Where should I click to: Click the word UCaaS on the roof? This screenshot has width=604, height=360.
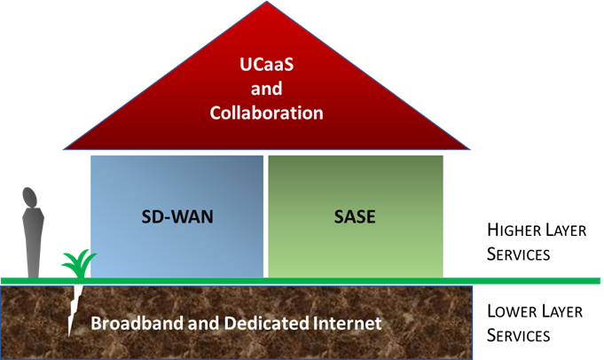(267, 65)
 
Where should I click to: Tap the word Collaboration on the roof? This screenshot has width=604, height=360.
(267, 113)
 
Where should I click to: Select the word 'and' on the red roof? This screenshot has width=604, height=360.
(266, 89)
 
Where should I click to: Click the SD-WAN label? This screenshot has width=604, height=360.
(176, 216)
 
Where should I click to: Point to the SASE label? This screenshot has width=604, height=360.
(356, 216)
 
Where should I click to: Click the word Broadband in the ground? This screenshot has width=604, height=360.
(134, 324)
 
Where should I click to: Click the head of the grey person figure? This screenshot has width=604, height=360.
(31, 196)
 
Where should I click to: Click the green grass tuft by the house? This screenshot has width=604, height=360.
(78, 262)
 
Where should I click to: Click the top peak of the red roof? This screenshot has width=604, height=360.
(267, 4)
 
